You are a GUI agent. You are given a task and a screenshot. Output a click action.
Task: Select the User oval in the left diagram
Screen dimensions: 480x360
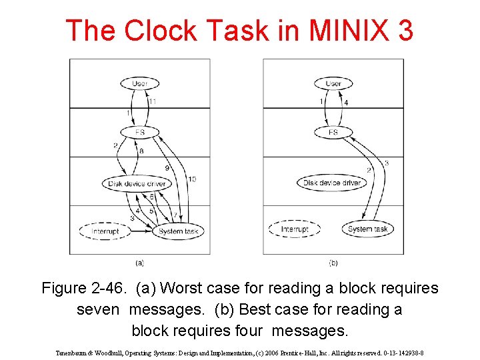139,83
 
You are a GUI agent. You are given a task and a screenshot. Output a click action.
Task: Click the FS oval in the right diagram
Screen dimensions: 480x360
333,132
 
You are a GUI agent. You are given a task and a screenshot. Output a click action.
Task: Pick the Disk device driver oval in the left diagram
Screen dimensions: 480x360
137,183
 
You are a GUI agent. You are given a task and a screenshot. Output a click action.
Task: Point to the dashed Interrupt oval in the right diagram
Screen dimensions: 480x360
294,229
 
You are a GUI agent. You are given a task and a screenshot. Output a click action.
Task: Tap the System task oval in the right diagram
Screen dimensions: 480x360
367,229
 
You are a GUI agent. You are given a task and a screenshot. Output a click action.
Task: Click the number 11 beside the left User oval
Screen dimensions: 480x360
153,101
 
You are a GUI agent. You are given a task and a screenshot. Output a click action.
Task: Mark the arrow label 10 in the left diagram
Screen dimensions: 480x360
192,179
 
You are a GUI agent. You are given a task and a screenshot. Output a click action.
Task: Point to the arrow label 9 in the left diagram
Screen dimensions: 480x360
167,168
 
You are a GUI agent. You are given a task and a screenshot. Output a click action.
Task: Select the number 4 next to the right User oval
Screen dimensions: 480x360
345,103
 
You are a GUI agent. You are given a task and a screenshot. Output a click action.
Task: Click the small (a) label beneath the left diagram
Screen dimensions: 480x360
139,263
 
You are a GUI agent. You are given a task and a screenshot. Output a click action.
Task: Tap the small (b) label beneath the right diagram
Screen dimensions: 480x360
333,263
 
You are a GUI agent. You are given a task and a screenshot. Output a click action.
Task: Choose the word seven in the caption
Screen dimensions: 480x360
99,310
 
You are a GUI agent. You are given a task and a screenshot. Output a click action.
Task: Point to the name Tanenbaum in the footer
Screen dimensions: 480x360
74,353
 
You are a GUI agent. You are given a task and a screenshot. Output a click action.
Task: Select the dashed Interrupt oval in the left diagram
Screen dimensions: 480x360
104,231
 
